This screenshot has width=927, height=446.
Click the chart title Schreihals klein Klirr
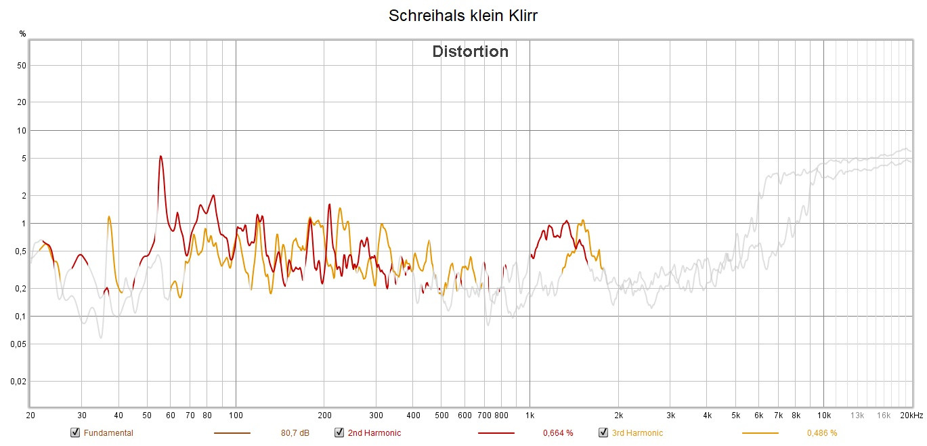click(462, 16)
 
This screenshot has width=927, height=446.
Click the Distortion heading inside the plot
click(470, 52)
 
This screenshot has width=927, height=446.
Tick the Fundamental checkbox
click(75, 433)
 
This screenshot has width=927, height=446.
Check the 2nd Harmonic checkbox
click(339, 433)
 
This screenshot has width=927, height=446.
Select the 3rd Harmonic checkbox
click(603, 433)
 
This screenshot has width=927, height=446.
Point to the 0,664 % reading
click(558, 433)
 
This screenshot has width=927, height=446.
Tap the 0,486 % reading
click(821, 433)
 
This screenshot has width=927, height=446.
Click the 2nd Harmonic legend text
click(374, 433)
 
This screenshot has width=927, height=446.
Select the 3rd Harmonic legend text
click(637, 433)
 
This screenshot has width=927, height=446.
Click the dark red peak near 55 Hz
click(160, 157)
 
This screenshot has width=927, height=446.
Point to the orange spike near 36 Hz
click(108, 217)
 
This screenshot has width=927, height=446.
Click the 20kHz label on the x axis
click(911, 415)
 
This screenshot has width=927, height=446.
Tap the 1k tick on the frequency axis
click(530, 415)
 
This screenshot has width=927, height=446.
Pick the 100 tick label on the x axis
click(236, 415)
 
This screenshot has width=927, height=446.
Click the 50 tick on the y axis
click(21, 66)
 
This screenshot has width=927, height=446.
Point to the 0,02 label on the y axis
click(18, 382)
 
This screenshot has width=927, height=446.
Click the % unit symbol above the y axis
click(22, 33)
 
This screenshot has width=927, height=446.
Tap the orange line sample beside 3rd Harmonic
click(760, 433)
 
